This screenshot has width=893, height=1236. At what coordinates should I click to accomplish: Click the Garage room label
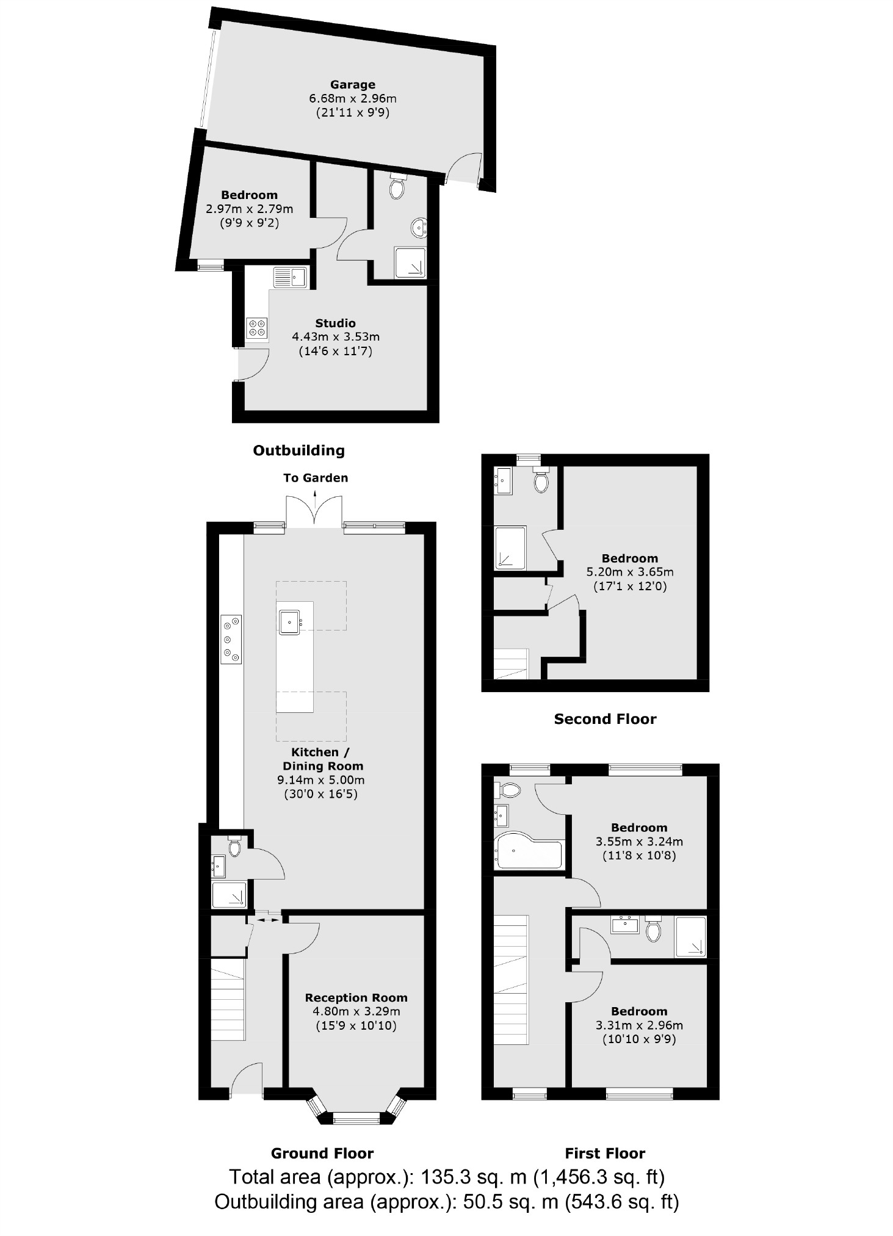click(352, 85)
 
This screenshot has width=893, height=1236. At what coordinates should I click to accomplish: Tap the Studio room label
click(335, 323)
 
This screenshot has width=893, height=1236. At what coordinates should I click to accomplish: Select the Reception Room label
click(356, 997)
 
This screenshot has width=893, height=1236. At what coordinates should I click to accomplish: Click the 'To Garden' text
click(316, 478)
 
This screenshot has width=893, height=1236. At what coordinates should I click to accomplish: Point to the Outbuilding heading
click(298, 450)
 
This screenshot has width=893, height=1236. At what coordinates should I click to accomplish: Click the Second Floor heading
click(605, 719)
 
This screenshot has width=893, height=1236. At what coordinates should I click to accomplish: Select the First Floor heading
click(605, 1153)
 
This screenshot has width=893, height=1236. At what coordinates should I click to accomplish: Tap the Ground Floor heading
click(322, 1153)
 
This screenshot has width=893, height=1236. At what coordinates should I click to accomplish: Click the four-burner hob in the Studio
click(257, 328)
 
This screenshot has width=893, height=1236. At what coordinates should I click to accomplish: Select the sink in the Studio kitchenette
click(291, 278)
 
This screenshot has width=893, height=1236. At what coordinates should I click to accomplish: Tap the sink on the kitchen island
click(289, 623)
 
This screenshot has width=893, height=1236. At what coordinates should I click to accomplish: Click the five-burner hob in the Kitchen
click(231, 639)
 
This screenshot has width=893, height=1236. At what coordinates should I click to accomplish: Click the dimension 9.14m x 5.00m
click(320, 780)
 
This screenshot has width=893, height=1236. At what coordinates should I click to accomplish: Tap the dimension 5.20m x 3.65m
click(630, 572)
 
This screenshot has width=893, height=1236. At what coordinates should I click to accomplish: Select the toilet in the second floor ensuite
click(540, 481)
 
